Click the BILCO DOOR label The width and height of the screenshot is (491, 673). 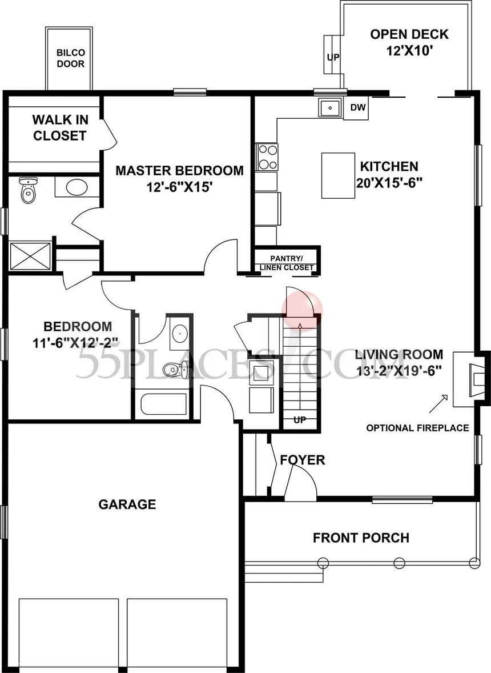[70, 58]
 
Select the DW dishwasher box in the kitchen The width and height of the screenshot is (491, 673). [357, 107]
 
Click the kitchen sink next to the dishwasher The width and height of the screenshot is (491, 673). [330, 107]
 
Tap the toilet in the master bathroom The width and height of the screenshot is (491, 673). [27, 190]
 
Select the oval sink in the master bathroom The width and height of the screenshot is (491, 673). [75, 187]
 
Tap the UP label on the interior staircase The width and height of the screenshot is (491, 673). [299, 420]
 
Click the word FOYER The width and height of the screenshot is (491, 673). [302, 460]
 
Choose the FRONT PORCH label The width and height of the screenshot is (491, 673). [361, 538]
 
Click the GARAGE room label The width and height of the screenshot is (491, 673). [127, 504]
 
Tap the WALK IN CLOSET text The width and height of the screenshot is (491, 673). [59, 128]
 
